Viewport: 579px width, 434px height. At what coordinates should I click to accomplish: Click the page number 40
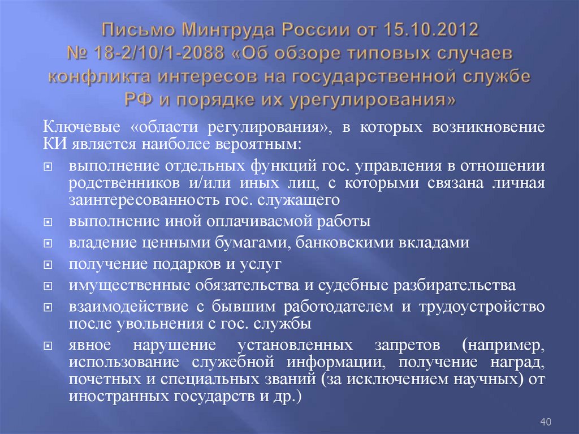click(x=546, y=422)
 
